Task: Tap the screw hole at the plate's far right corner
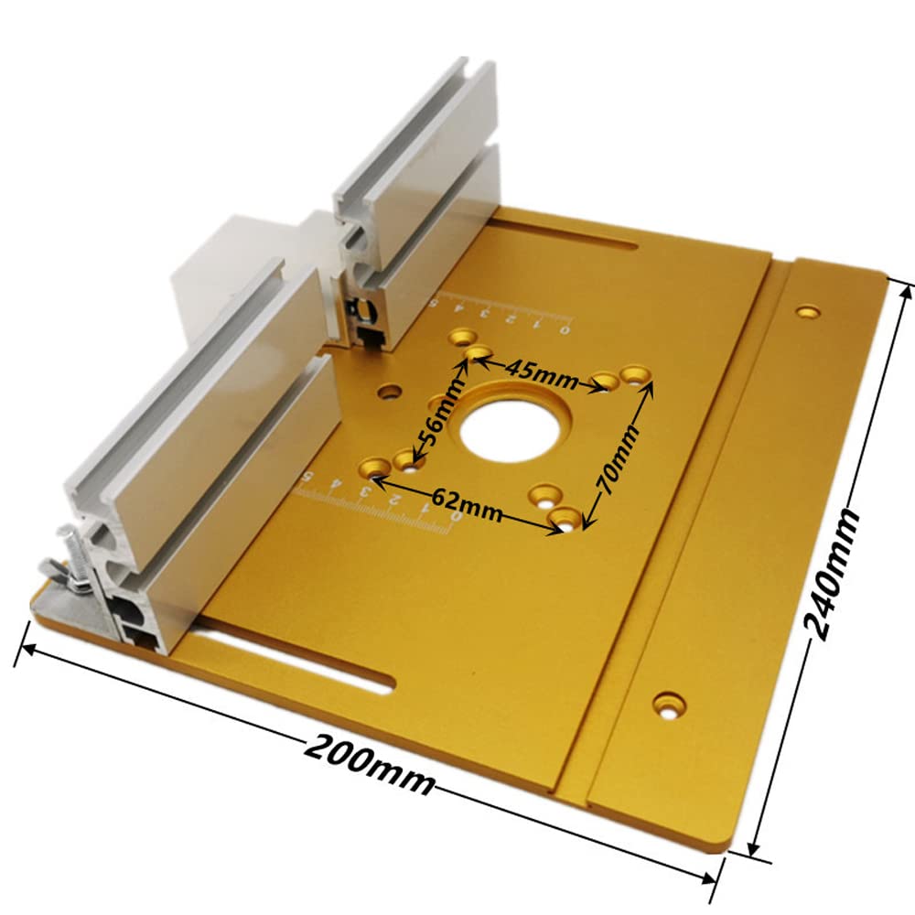pos(807,311)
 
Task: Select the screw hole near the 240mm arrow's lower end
pos(669,704)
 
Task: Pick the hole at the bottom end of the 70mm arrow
pos(566,519)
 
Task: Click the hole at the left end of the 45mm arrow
pos(476,353)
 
